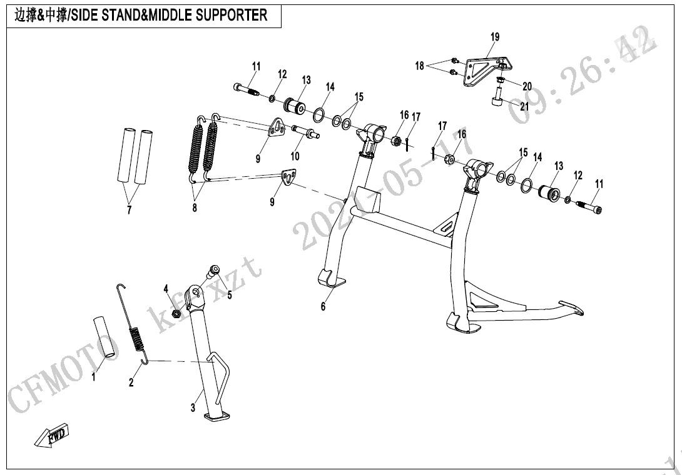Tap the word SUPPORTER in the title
tap(232, 16)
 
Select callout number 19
tap(494, 37)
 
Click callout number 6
tap(323, 306)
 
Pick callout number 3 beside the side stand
tap(193, 407)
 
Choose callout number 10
tap(294, 156)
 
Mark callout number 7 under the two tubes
tap(130, 210)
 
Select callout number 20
tap(527, 86)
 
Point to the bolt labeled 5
tap(214, 271)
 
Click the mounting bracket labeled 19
tap(485, 70)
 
